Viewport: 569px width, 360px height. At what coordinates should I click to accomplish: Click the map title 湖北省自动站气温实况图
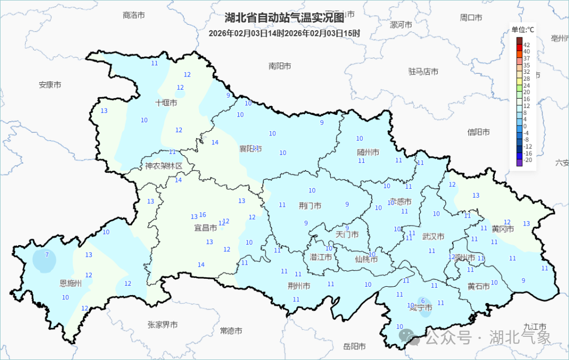[284, 18]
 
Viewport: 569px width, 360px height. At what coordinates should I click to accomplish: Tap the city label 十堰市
[166, 103]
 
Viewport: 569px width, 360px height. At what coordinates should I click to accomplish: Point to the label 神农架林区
[164, 166]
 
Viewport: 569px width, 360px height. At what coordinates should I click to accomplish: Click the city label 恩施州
[71, 283]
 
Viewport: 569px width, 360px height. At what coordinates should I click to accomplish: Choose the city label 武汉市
[433, 237]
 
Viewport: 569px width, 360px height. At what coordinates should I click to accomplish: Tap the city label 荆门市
[310, 206]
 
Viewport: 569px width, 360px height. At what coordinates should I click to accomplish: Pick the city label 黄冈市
[503, 229]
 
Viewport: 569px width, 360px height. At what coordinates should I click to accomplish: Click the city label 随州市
[368, 152]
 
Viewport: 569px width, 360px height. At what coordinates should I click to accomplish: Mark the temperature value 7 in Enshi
[47, 255]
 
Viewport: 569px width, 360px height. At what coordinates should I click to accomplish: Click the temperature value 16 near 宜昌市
[202, 215]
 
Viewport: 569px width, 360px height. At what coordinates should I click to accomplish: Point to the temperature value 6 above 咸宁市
[423, 300]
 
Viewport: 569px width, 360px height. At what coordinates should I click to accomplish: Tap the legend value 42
[526, 45]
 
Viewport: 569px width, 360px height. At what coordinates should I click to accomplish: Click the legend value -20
[528, 160]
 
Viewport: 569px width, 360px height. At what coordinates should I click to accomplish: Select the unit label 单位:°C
[522, 30]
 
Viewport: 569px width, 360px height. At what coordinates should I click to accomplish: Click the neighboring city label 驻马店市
[423, 71]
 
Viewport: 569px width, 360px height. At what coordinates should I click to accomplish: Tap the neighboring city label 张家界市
[162, 325]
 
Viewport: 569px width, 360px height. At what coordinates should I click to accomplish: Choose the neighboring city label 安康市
[50, 84]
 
